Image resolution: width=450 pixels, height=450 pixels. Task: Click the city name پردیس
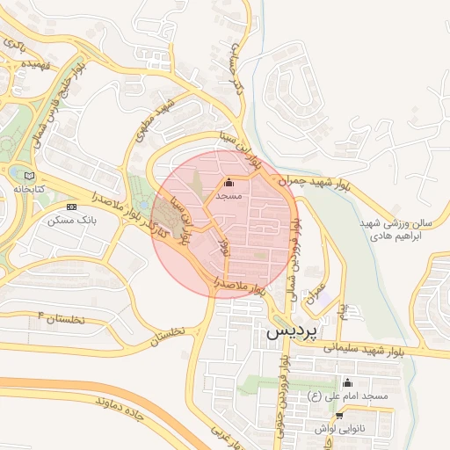(x=288, y=333)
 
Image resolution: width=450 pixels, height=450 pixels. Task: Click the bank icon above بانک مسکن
(x=72, y=207)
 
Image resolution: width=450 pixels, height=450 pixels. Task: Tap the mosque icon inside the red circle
(x=229, y=183)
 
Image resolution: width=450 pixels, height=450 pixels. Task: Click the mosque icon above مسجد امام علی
(x=346, y=383)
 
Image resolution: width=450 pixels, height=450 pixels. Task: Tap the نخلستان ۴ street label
(x=61, y=317)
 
